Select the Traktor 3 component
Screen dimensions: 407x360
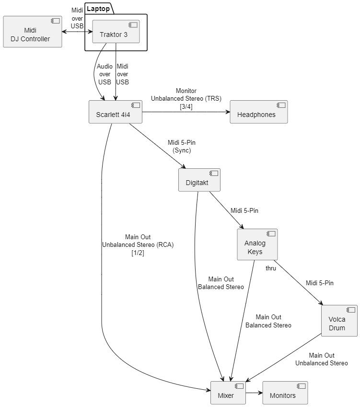click(x=116, y=32)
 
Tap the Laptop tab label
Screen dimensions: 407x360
click(x=98, y=9)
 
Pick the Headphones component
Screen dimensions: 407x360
click(x=258, y=112)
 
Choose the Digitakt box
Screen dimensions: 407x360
click(x=197, y=180)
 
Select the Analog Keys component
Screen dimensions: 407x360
click(x=257, y=244)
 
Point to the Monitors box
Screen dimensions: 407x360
click(x=285, y=393)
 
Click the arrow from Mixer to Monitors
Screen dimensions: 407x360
click(x=254, y=393)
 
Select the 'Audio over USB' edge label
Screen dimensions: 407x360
click(x=105, y=74)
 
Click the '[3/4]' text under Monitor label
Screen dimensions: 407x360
click(x=186, y=106)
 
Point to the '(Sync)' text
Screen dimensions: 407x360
click(x=182, y=150)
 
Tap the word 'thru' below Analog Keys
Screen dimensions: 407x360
click(x=271, y=268)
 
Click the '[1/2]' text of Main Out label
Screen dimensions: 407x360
click(x=138, y=253)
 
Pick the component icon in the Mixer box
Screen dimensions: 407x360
click(x=239, y=386)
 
